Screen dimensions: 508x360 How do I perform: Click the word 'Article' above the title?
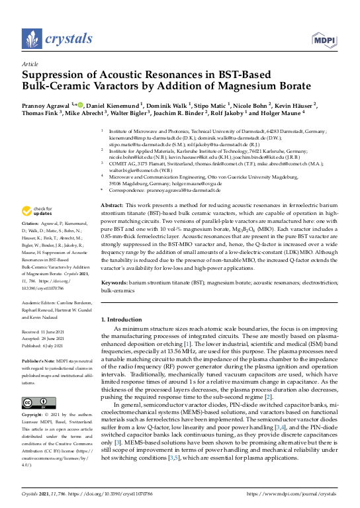coord(30,64)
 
